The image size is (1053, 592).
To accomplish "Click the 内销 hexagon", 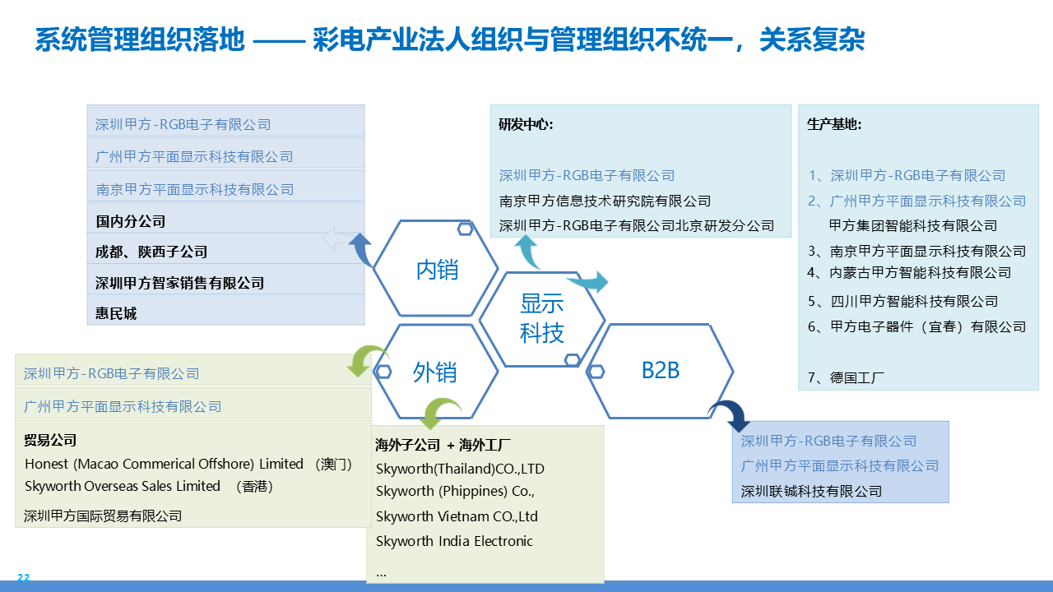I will [x=436, y=269].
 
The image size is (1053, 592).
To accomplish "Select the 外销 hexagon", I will [x=435, y=372].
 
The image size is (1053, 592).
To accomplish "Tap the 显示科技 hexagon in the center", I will [x=542, y=318].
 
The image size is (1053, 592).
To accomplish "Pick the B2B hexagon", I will [x=660, y=370].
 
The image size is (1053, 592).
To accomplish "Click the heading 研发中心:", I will [x=526, y=125].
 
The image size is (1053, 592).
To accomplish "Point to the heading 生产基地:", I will [x=834, y=125].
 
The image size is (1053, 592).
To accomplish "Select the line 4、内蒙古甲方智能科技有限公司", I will [x=909, y=273].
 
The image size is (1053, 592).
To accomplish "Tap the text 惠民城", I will [x=116, y=313].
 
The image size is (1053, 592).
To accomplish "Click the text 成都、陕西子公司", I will [x=151, y=252].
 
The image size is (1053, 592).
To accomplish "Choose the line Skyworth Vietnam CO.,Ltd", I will [x=457, y=516].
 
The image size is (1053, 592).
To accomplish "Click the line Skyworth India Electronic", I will [x=454, y=541].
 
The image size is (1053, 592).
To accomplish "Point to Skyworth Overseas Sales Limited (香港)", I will [x=149, y=486].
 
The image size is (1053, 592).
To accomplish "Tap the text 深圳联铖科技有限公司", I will [x=811, y=491].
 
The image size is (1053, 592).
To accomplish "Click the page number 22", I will [x=23, y=578].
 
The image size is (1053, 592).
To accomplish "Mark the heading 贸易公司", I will [x=50, y=441].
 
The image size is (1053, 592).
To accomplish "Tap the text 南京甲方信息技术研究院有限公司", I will [x=605, y=201].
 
